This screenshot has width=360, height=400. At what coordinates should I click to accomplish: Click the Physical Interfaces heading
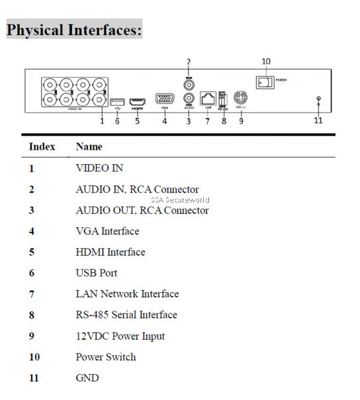[74, 30]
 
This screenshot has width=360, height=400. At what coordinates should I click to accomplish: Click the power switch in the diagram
[265, 83]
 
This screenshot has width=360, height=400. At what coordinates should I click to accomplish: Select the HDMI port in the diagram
[138, 99]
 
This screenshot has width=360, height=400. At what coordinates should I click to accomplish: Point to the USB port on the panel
[118, 100]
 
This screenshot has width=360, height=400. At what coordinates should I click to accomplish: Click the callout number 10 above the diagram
[266, 62]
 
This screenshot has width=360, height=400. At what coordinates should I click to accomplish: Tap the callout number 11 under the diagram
[318, 120]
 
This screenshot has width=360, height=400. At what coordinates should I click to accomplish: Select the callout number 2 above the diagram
[188, 62]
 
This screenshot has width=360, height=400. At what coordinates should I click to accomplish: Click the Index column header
[42, 146]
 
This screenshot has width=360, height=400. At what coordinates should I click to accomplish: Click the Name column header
[89, 146]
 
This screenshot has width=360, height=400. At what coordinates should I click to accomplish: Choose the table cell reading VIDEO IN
[99, 168]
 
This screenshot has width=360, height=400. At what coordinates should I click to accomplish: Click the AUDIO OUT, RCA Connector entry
[142, 211]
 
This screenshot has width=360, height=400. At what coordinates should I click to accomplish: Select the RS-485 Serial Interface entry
[126, 315]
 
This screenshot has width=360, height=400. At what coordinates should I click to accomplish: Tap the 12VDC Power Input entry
[120, 336]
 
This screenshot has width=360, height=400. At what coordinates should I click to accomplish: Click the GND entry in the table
[87, 377]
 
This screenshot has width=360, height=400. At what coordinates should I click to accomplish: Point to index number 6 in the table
[31, 273]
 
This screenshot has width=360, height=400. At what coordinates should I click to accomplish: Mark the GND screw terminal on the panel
[319, 100]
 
